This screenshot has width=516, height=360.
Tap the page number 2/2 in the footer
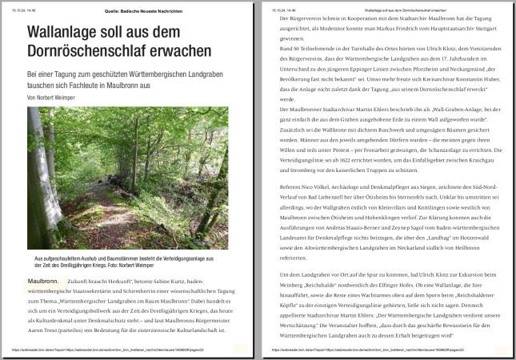[502, 350]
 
